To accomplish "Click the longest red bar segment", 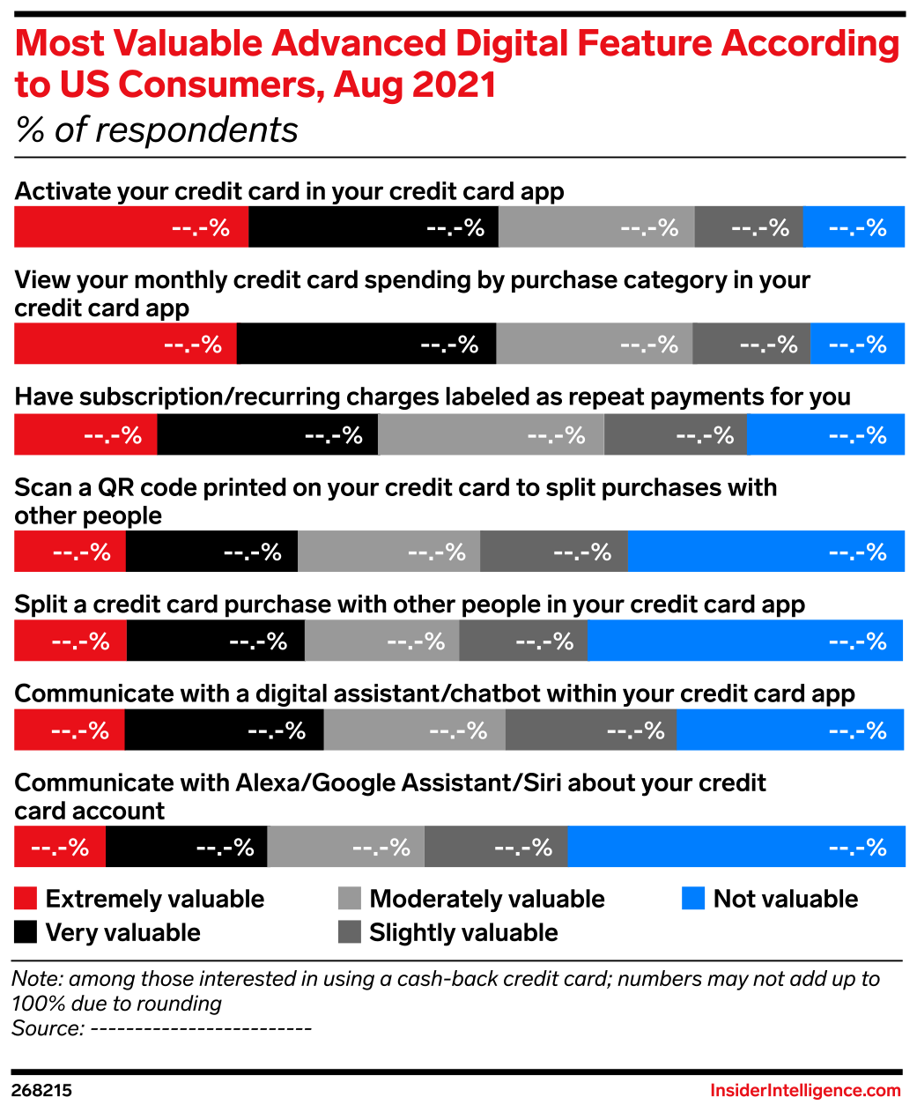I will click(x=130, y=226).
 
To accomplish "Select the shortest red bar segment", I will click(x=59, y=847).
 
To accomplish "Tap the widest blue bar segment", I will click(x=736, y=847).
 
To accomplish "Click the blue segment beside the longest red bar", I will click(x=854, y=226).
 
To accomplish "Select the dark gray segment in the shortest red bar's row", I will click(x=495, y=847).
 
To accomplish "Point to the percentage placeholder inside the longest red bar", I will click(x=201, y=228).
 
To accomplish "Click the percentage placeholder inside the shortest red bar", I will click(x=60, y=848).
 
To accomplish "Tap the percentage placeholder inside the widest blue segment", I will click(x=857, y=848).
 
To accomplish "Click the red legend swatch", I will click(x=26, y=899).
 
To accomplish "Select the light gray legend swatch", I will click(x=349, y=899).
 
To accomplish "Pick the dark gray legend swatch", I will click(x=349, y=932).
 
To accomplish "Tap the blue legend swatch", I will click(x=693, y=899).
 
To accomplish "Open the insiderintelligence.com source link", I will click(x=805, y=1091).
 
